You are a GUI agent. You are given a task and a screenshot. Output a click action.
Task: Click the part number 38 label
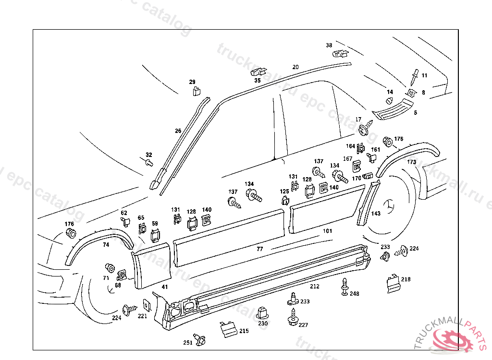pos(329,46)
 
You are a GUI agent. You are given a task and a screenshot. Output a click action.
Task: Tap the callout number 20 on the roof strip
pos(295,67)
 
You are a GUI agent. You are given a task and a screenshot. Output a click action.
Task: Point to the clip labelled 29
pos(197,90)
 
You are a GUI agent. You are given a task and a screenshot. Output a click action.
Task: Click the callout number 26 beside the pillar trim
pos(178,131)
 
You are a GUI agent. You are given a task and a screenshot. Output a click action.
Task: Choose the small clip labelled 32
pos(149,163)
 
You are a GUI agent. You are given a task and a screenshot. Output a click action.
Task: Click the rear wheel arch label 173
pos(412,162)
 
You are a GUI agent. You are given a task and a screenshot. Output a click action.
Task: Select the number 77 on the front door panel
pos(260,249)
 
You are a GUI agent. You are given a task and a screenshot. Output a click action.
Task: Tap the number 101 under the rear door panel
pos(327,231)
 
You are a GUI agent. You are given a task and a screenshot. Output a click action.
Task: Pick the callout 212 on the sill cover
pos(314,287)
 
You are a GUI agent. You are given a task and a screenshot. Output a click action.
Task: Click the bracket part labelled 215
pos(227,329)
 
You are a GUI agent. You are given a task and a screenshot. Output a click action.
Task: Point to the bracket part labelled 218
pos(393,283)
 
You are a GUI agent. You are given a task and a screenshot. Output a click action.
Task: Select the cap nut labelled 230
pos(262,312)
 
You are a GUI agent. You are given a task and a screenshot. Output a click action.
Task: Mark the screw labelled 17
pos(365,129)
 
